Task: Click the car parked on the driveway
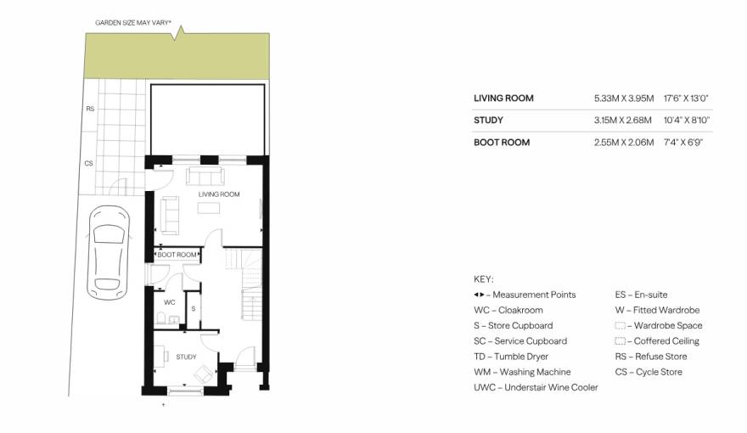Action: (x=109, y=252)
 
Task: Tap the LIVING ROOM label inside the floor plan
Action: (x=219, y=194)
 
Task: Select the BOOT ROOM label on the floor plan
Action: (x=177, y=255)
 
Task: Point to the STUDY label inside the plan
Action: (x=186, y=357)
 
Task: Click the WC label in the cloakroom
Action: (x=170, y=302)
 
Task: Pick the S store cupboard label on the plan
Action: (x=194, y=309)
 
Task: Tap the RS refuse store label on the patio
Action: (x=90, y=109)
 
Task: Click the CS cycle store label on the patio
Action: (x=88, y=163)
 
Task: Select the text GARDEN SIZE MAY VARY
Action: (x=133, y=22)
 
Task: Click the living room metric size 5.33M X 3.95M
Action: (x=624, y=98)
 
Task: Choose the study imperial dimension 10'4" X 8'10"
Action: (x=687, y=121)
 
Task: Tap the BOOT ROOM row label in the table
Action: (x=502, y=143)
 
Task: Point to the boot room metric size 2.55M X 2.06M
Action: (x=624, y=143)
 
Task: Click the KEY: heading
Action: (x=484, y=279)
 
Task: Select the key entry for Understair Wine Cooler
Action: (x=536, y=388)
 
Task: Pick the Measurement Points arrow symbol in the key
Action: (x=479, y=295)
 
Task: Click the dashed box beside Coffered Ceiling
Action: (x=620, y=341)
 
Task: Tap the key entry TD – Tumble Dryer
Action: (x=511, y=357)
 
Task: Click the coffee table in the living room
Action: (x=209, y=208)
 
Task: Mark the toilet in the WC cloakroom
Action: (x=161, y=318)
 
